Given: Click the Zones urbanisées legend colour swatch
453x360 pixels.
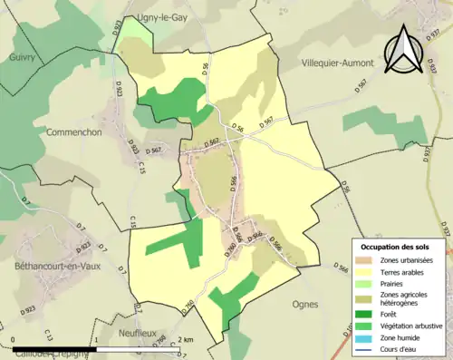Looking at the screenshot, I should coord(366,261).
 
